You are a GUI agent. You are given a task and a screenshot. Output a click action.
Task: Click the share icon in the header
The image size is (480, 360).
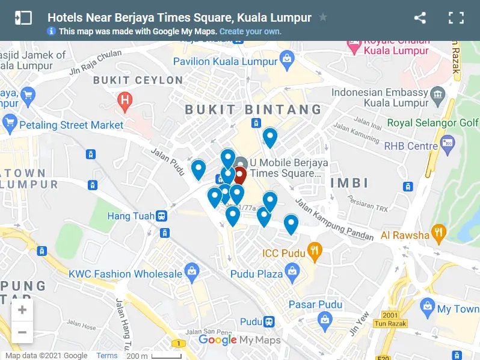(x=420, y=18)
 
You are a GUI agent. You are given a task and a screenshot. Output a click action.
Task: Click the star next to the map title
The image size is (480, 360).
(x=323, y=17)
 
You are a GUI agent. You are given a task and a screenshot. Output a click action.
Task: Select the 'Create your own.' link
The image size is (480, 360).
(x=250, y=31)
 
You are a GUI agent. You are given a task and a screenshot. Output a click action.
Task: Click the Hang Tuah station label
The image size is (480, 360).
(x=131, y=216)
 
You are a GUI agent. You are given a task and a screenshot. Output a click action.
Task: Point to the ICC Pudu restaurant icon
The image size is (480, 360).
(x=313, y=252)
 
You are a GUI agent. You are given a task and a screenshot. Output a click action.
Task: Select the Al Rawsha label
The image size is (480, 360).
(x=405, y=235)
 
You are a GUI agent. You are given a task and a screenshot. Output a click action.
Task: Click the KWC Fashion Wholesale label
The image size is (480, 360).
(x=125, y=274)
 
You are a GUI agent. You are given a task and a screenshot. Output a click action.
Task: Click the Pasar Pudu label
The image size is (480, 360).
(x=315, y=305)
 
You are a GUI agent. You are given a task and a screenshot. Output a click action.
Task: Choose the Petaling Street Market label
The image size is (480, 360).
(x=72, y=125)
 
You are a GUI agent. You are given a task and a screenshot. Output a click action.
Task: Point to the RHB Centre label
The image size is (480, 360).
(x=411, y=146)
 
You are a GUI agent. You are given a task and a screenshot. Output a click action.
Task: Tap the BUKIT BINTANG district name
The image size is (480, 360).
(x=253, y=110)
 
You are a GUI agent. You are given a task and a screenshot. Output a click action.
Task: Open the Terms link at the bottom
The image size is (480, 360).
(x=107, y=356)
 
